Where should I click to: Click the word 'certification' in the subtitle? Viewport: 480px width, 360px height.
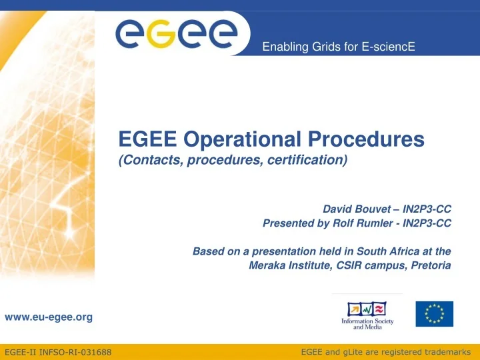click(x=312, y=160)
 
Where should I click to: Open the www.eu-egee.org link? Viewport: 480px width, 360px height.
click(x=49, y=317)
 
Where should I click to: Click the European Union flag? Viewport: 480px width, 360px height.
click(x=434, y=314)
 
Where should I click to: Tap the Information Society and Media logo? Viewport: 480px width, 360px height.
click(x=367, y=315)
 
